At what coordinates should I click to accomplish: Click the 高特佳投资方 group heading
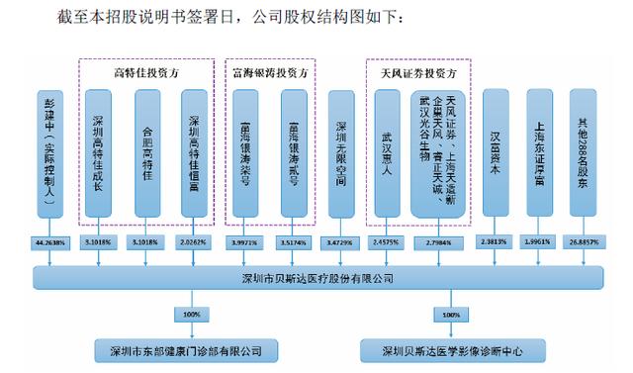tap(146, 73)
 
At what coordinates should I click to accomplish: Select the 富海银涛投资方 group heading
tap(269, 73)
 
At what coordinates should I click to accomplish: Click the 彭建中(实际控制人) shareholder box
tap(49, 153)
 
